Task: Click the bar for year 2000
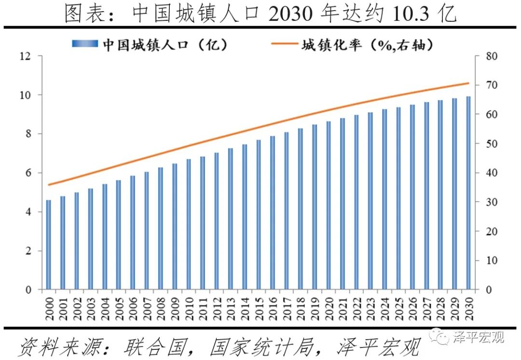[49, 245]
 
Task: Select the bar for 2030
[468, 193]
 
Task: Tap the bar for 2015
[258, 215]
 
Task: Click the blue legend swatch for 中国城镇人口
[85, 44]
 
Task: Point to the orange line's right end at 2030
[468, 83]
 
